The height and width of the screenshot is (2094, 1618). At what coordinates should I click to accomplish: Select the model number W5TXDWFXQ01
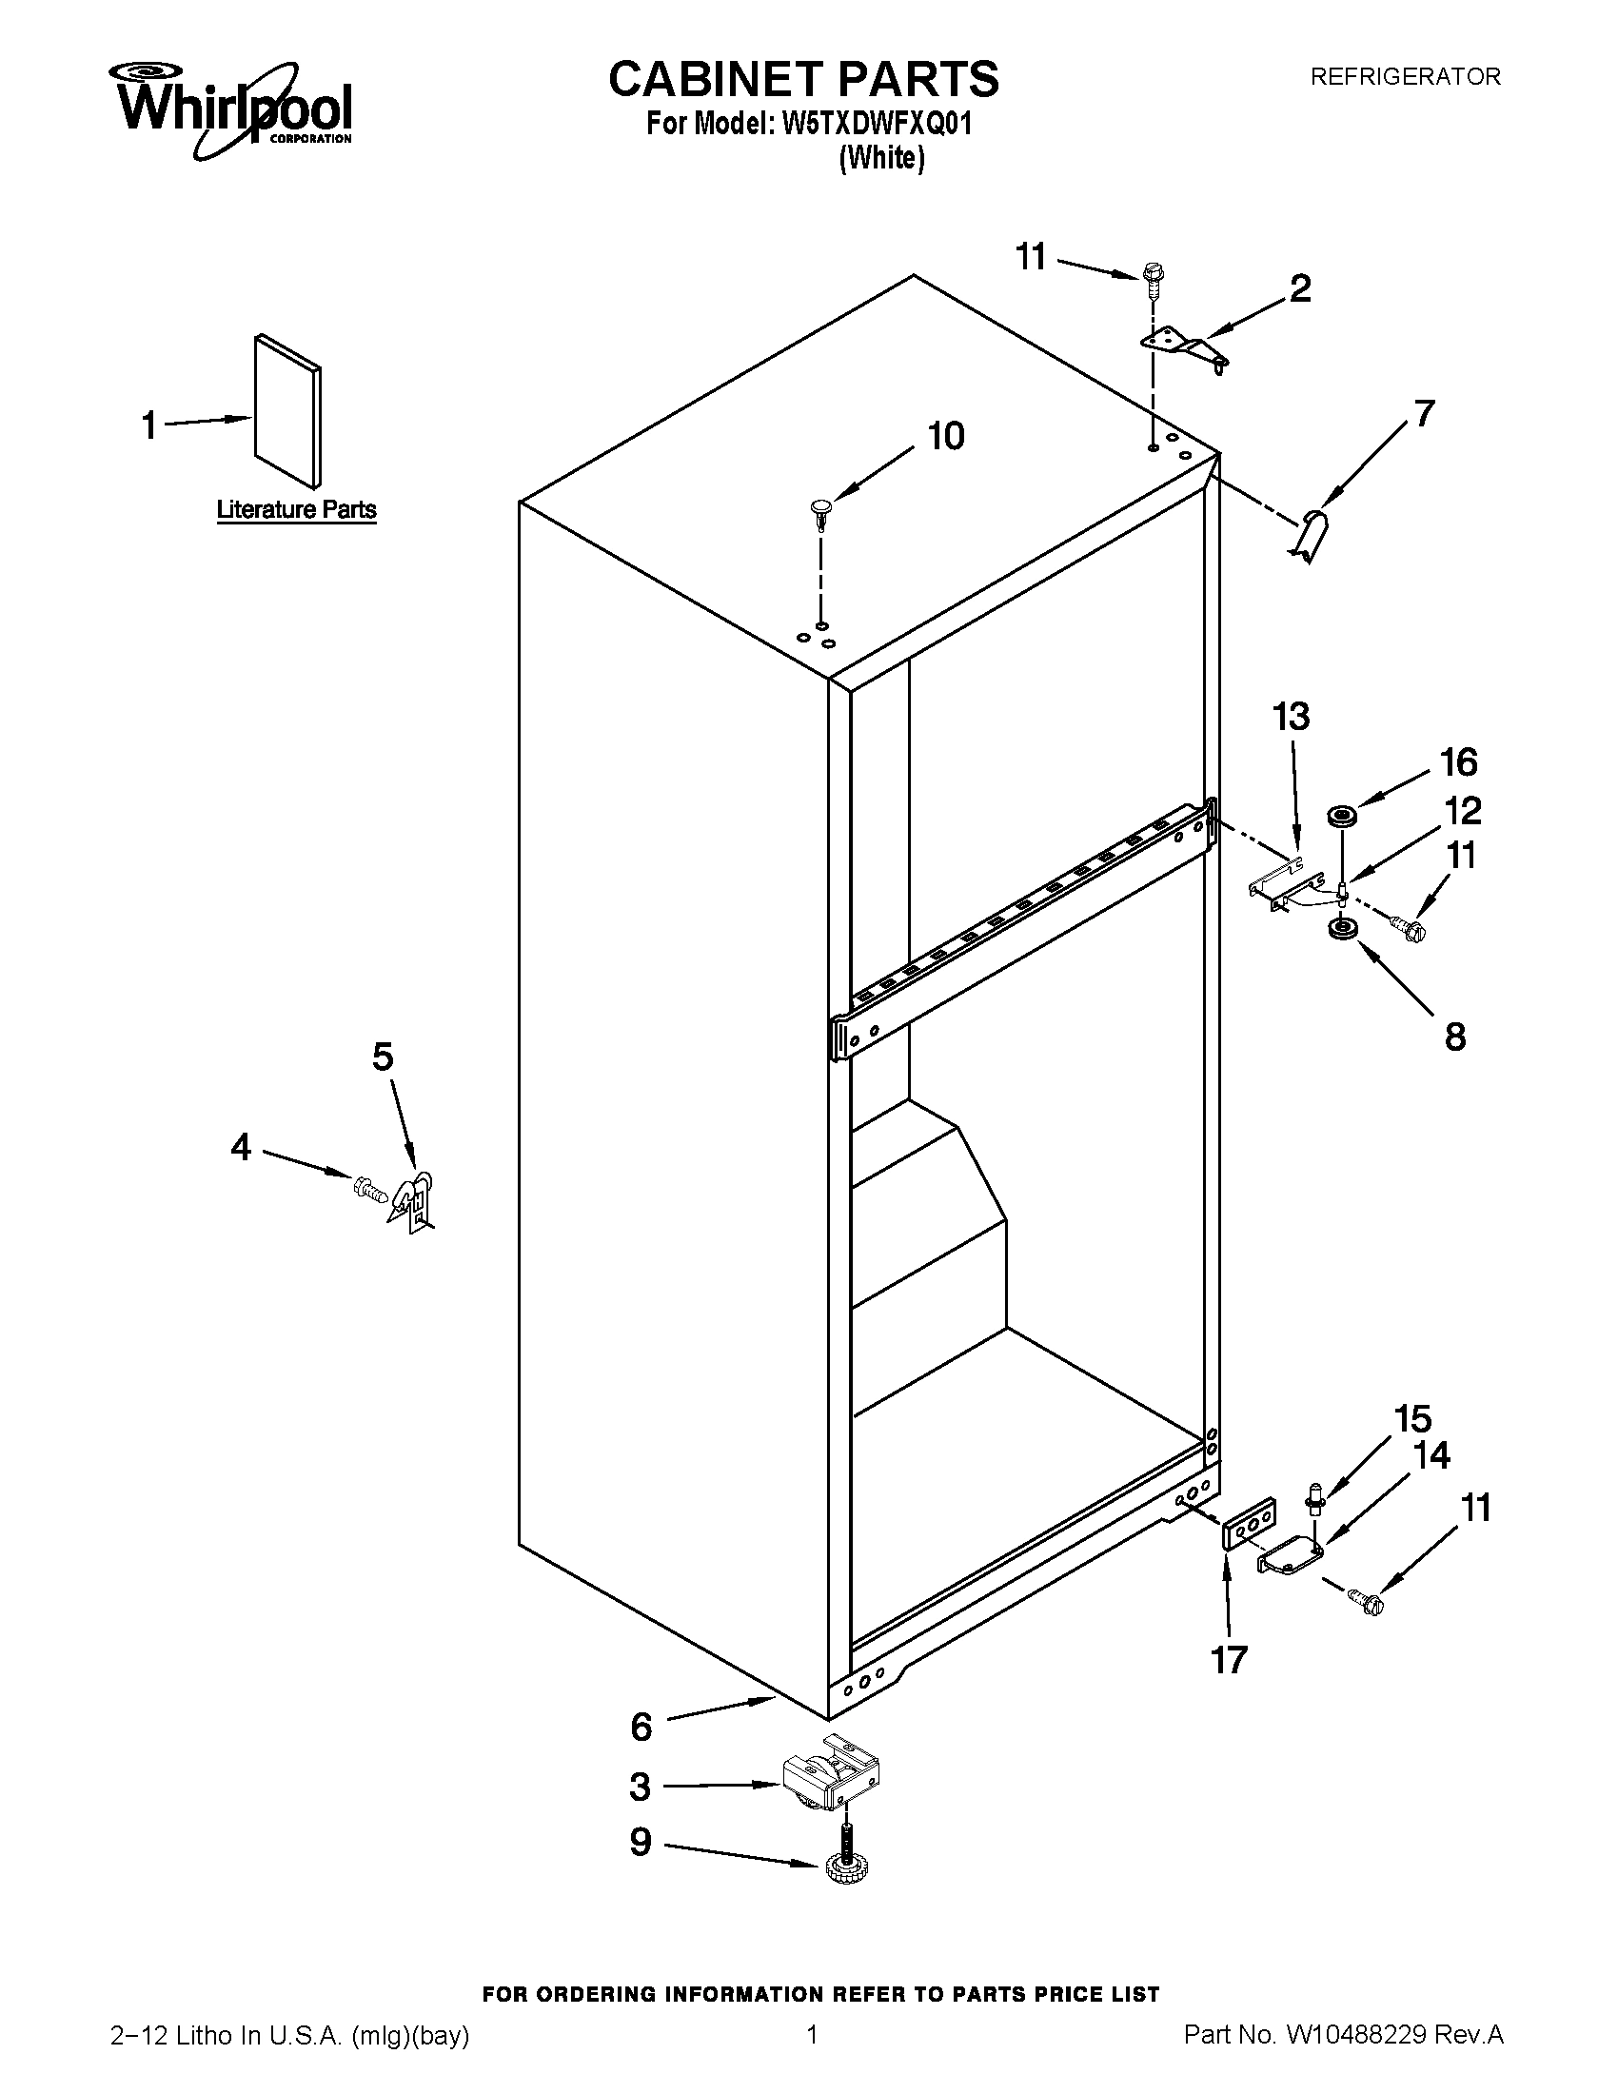[x=878, y=125]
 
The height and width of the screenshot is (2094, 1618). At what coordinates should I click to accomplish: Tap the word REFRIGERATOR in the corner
[x=1404, y=77]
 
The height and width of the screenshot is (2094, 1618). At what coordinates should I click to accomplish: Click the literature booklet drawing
[x=287, y=410]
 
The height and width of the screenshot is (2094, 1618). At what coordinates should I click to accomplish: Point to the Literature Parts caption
[x=296, y=509]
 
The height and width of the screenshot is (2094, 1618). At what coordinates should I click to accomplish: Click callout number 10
[x=945, y=436]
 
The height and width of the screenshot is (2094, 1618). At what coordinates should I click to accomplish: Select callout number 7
[x=1425, y=413]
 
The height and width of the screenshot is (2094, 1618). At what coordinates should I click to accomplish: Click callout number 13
[x=1291, y=716]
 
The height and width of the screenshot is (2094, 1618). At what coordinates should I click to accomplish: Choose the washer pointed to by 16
[x=1340, y=816]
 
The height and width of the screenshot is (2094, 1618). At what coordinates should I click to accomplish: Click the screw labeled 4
[x=369, y=1189]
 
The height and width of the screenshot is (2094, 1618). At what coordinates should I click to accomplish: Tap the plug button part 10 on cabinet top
[x=820, y=509]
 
